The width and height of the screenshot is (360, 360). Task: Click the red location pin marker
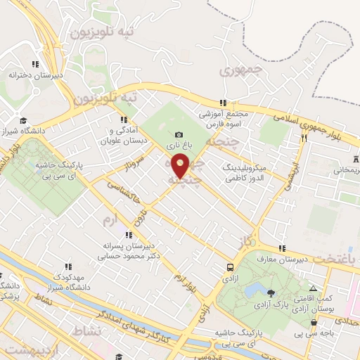click(181, 165)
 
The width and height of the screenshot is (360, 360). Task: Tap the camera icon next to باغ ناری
click(179, 134)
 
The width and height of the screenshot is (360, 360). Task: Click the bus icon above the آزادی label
click(231, 266)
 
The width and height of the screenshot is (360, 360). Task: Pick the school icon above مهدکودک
click(68, 266)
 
